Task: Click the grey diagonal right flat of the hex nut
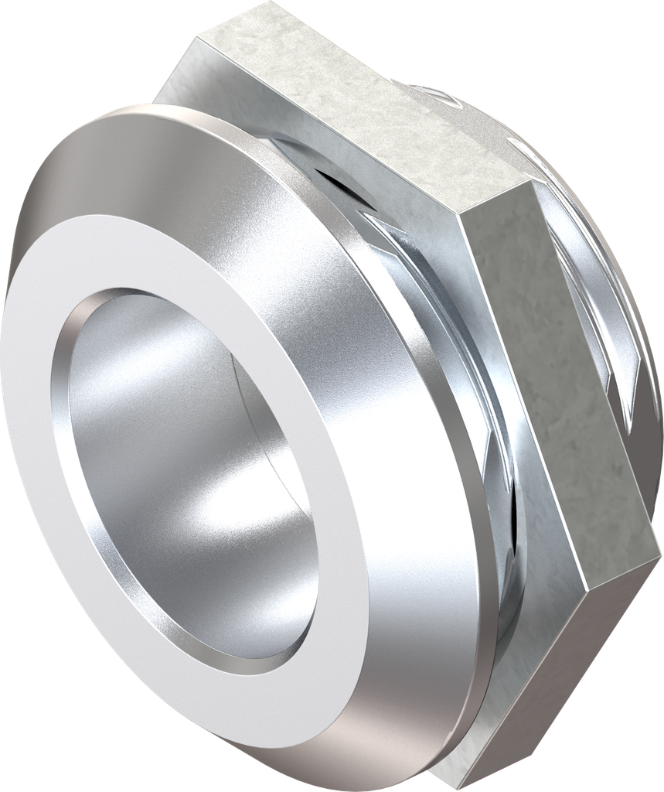click(x=557, y=371)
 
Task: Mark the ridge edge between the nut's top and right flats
click(x=495, y=203)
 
